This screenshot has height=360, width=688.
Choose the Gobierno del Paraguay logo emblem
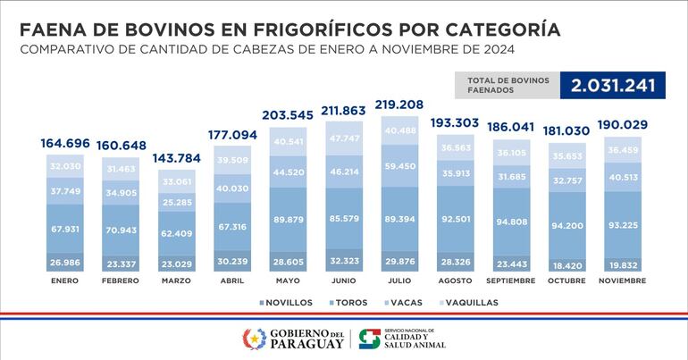tap(255, 339)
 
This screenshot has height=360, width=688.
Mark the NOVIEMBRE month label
tap(623, 280)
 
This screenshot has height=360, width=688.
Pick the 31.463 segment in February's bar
tap(122, 168)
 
